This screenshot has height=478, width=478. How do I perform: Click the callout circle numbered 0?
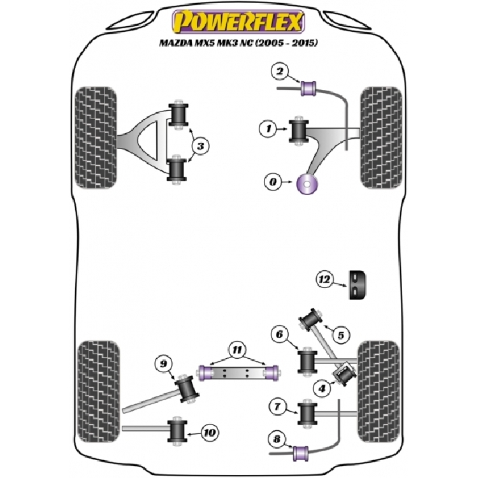coord(273,183)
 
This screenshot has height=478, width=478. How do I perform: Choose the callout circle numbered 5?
coord(341,335)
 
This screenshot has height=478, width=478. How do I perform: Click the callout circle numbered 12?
coord(325,278)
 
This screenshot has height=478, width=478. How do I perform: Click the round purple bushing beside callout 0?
coord(308,185)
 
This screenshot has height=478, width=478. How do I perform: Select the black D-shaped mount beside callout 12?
coord(359,284)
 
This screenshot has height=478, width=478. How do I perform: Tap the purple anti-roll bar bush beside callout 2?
coord(312,87)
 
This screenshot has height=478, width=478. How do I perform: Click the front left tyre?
coord(96,137)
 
